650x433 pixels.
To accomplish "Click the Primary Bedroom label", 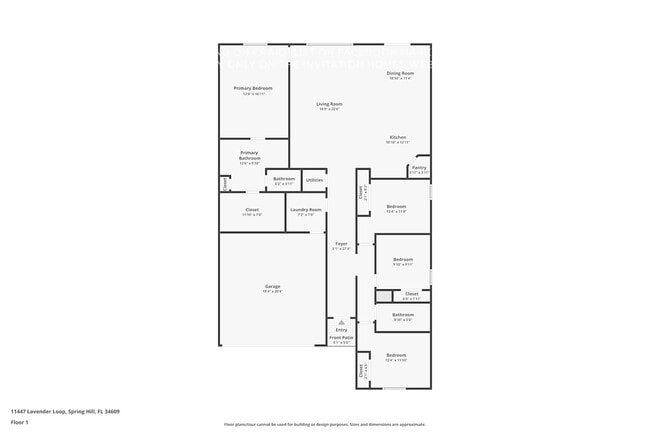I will point(252,88).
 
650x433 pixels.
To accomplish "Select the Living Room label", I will point(329,104).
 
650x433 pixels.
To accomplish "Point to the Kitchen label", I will point(397,137).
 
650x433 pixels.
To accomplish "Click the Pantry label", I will point(419,168).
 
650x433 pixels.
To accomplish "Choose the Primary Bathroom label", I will point(249,156).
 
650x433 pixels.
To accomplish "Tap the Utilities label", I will point(313,180).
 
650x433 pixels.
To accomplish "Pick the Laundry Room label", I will point(306,209).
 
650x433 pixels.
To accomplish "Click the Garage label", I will point(272,287).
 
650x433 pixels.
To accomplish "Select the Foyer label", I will point(341,243).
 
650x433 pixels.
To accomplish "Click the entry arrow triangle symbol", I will point(341,321).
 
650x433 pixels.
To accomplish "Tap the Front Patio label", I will point(341,338).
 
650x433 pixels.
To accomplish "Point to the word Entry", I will point(341,329).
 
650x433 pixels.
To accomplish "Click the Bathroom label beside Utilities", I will point(283,179).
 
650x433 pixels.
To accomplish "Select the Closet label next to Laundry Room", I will point(252,209).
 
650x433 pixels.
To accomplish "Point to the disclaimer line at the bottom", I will point(324,424).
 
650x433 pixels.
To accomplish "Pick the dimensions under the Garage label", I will point(272,292).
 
